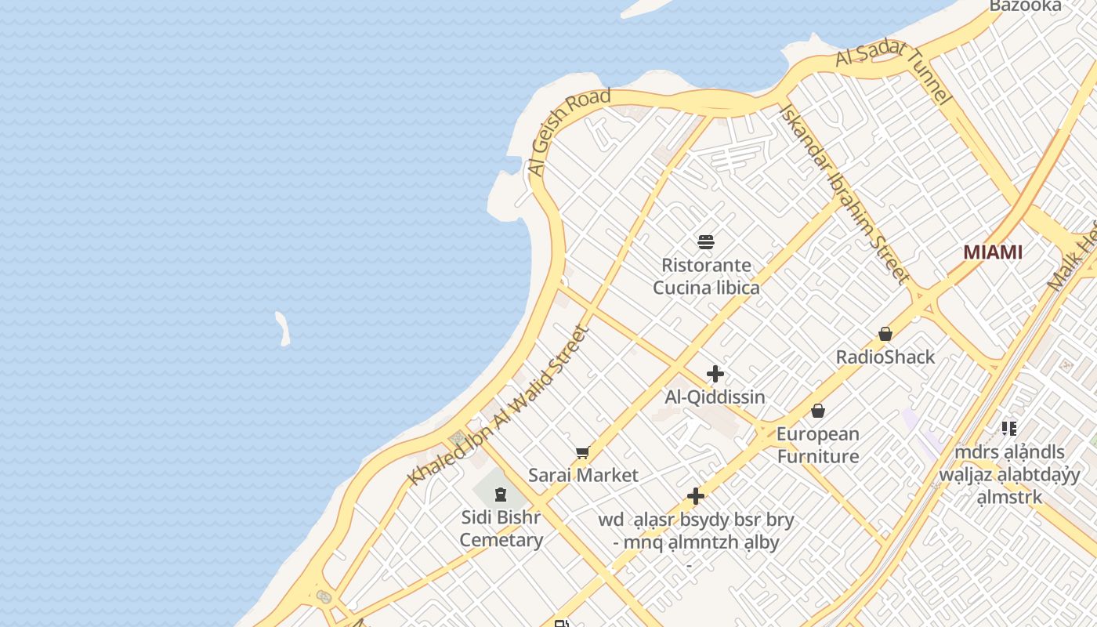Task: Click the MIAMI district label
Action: (x=993, y=252)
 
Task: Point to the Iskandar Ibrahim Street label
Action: (x=844, y=193)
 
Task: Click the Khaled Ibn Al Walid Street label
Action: (x=498, y=405)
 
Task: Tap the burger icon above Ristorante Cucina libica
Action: (x=706, y=241)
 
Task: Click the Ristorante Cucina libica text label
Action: (x=706, y=277)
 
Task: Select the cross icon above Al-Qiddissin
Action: (x=715, y=374)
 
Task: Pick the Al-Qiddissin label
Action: (x=715, y=397)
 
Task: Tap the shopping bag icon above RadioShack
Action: (x=885, y=334)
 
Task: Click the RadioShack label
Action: (x=885, y=357)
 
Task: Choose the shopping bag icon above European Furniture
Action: (x=818, y=411)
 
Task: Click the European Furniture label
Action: (x=818, y=445)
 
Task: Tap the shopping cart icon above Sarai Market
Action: (x=582, y=452)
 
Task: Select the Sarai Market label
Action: (x=583, y=475)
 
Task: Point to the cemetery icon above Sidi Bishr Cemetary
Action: (x=501, y=494)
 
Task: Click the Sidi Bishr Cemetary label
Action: (x=501, y=529)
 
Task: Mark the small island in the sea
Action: (x=283, y=328)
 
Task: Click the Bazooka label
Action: (x=1025, y=6)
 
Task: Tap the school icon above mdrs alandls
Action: (x=1009, y=428)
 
